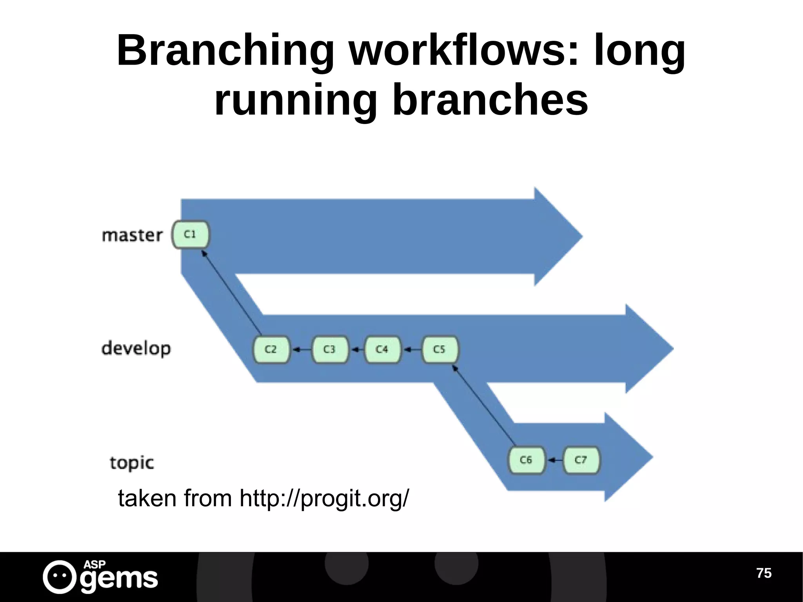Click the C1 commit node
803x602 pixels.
191,235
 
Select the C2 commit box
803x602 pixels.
271,349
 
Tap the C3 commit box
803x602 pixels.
329,349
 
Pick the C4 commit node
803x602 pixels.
382,349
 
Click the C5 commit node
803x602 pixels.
440,349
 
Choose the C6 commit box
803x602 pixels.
526,460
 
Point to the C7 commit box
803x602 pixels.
581,460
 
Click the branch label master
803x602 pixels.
132,235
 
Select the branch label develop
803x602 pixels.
136,349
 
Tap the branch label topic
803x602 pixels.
132,463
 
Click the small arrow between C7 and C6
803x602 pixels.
554,460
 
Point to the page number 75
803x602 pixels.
763,573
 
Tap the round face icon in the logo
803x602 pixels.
59,577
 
